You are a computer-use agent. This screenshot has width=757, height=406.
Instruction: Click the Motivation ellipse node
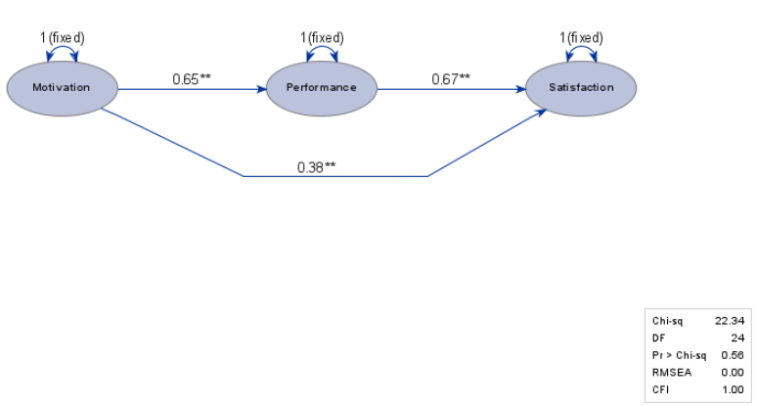click(x=63, y=88)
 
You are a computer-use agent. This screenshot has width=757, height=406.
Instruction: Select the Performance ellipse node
click(x=322, y=88)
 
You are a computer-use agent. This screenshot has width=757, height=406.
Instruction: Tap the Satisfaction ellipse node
click(x=581, y=88)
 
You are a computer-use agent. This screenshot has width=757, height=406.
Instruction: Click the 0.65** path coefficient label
click(x=192, y=78)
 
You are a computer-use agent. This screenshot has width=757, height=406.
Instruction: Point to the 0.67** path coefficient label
click(x=451, y=78)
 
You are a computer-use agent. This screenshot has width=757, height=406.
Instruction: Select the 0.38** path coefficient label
click(x=316, y=167)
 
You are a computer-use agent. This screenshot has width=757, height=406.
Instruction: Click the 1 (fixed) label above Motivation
click(x=63, y=37)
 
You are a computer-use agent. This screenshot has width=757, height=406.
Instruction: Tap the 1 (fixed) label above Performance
click(x=322, y=37)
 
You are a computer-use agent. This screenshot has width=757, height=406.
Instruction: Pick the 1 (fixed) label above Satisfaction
click(x=581, y=37)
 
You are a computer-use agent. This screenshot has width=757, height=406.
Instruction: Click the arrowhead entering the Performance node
click(x=261, y=89)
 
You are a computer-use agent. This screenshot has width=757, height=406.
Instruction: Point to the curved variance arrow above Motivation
click(x=63, y=47)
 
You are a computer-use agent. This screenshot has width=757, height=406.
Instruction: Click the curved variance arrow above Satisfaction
click(x=581, y=47)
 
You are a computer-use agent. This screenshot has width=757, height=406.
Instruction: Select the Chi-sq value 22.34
click(x=730, y=321)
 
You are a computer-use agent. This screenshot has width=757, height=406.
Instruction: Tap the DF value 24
click(x=737, y=338)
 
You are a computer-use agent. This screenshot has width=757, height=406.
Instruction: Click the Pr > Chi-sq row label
click(x=679, y=355)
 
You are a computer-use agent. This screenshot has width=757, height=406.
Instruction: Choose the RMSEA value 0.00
click(x=733, y=372)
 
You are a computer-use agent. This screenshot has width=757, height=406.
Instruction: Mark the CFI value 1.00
click(x=733, y=389)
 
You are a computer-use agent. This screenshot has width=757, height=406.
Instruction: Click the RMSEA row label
click(x=672, y=372)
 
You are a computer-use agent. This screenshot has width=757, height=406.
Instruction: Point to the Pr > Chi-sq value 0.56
click(x=733, y=355)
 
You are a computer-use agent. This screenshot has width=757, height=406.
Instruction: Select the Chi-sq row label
click(x=667, y=321)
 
